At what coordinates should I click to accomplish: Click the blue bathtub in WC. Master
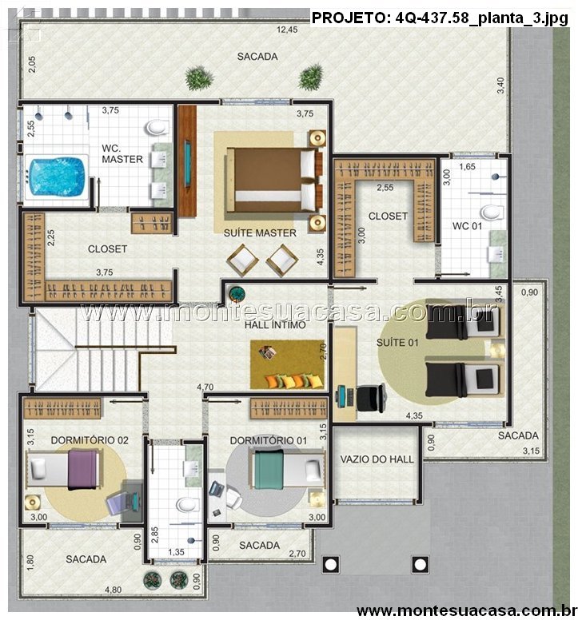[56, 177]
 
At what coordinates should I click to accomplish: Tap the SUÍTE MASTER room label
[260, 232]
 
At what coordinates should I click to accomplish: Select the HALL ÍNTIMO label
[275, 325]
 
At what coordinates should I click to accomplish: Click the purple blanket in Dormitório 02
[82, 470]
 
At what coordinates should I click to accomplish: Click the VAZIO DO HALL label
[377, 459]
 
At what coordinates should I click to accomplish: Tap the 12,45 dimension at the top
[287, 30]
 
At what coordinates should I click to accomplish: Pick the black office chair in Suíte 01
[372, 397]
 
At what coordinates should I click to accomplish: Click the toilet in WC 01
[492, 213]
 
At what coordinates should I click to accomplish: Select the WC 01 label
[467, 226]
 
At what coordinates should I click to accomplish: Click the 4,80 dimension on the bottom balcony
[114, 590]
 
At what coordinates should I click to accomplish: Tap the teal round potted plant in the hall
[237, 294]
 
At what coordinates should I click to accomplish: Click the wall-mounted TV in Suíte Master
[187, 163]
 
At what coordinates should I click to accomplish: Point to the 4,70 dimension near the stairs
[205, 387]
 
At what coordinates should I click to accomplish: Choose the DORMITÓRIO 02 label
[90, 440]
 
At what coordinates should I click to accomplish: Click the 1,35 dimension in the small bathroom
[176, 552]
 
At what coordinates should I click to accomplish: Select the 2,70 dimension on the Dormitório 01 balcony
[297, 554]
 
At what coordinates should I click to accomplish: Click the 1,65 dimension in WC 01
[467, 166]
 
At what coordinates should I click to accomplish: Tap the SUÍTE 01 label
[397, 343]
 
